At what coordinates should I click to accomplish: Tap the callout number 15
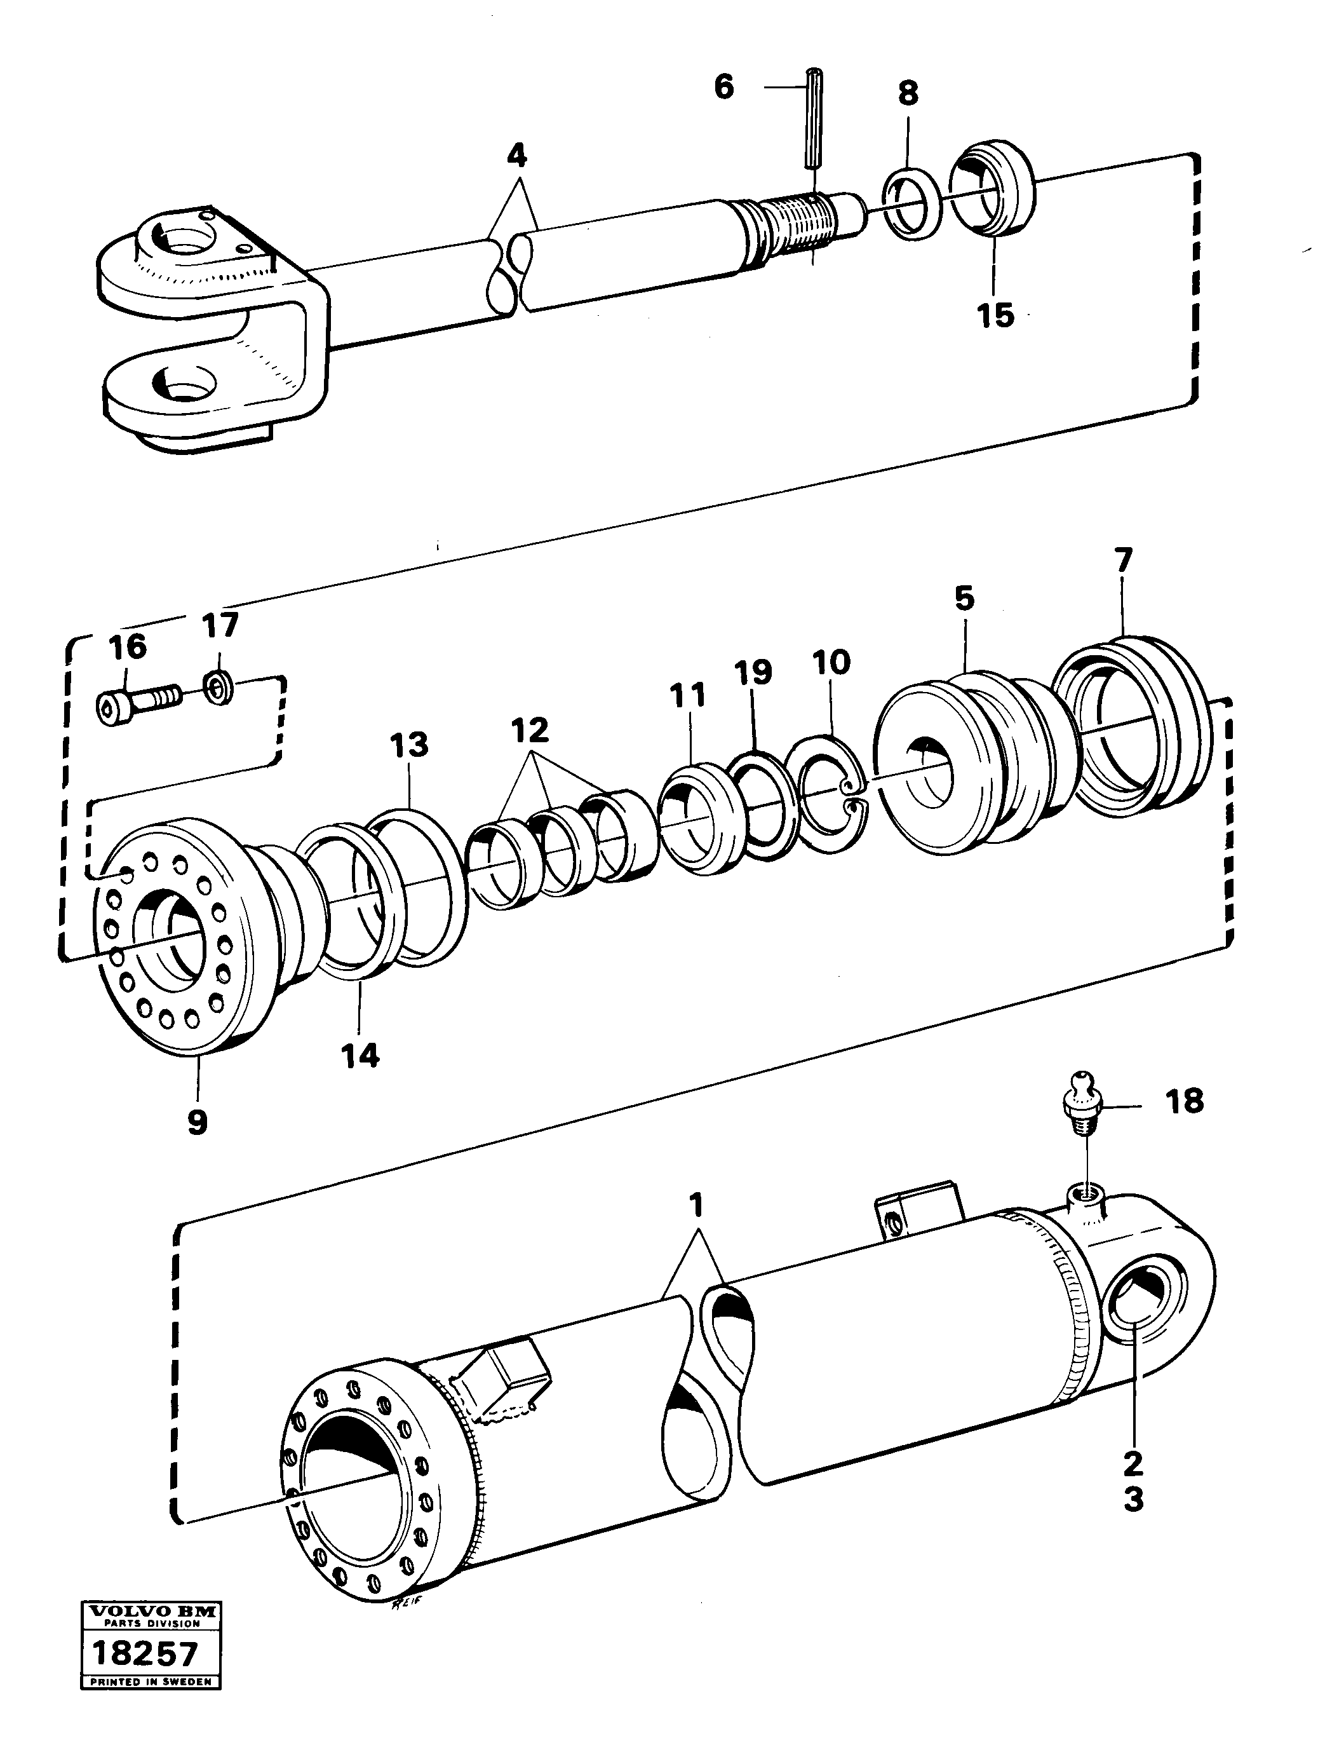[995, 316]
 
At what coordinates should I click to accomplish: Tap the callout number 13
[409, 744]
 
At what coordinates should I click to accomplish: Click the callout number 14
[360, 1056]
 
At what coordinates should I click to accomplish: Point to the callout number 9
[197, 1121]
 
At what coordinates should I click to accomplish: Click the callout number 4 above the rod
[516, 156]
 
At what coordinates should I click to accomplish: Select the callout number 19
[753, 673]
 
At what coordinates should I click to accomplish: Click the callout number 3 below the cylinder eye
[1133, 1500]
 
